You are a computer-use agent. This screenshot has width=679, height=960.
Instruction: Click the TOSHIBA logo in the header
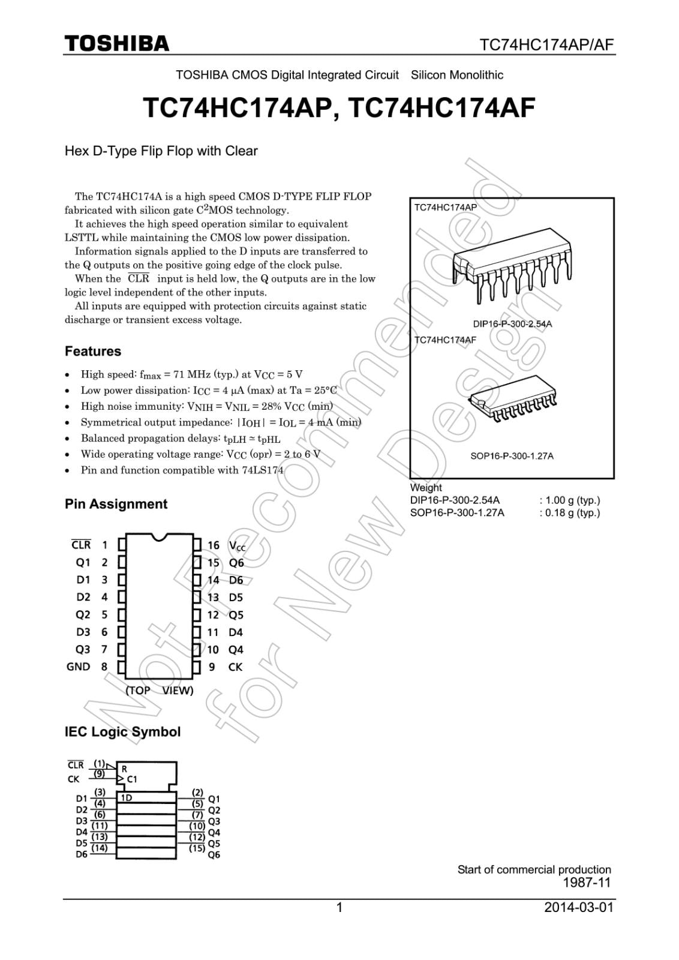pyautogui.click(x=118, y=43)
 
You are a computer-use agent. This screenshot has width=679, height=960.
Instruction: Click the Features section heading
pyautogui.click(x=93, y=351)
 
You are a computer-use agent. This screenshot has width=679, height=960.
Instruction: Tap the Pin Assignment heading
pyautogui.click(x=116, y=504)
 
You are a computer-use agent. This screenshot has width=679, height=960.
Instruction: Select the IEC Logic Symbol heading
pyautogui.click(x=122, y=731)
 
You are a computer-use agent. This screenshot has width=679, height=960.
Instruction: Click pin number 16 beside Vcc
pyautogui.click(x=214, y=545)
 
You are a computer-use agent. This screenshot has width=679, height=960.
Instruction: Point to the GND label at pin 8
pyautogui.click(x=79, y=667)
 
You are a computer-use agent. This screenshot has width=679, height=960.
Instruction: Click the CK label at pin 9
pyautogui.click(x=235, y=667)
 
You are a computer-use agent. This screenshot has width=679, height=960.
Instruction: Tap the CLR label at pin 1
pyautogui.click(x=81, y=545)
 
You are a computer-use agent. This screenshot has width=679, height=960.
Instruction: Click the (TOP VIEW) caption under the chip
pyautogui.click(x=160, y=690)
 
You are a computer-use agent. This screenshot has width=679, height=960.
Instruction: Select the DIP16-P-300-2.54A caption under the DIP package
pyautogui.click(x=512, y=324)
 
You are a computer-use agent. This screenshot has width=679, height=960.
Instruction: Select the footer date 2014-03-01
pyautogui.click(x=579, y=907)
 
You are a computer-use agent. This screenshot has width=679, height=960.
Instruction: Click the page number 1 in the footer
pyautogui.click(x=339, y=907)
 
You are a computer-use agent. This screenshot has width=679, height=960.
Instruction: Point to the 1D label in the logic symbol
pyautogui.click(x=127, y=797)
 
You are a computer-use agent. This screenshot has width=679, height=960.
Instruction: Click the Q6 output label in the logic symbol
pyautogui.click(x=214, y=854)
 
